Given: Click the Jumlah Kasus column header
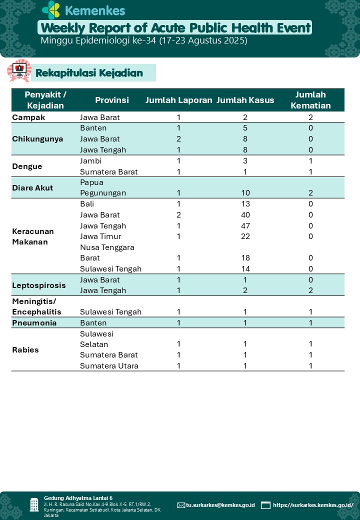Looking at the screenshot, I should click(245, 100).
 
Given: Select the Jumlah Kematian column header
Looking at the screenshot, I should click(310, 100).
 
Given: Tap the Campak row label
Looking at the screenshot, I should click(28, 117).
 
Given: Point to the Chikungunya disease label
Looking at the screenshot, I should click(37, 138).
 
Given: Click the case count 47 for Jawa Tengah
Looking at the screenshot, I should click(245, 225).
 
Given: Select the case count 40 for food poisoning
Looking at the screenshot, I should click(245, 215).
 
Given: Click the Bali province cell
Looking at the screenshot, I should click(87, 204).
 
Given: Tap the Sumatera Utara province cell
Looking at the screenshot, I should click(109, 365).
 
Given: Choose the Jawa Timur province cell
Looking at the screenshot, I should click(100, 236).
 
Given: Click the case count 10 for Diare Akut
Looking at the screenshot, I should click(245, 193).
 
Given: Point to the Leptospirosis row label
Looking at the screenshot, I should click(39, 285).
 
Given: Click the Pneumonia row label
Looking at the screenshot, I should click(34, 322).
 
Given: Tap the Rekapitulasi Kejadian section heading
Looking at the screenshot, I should click(89, 73).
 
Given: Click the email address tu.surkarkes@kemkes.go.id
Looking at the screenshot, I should click(220, 505).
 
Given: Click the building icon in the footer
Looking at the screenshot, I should click(34, 504).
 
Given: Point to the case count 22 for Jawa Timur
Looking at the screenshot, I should click(245, 236).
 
